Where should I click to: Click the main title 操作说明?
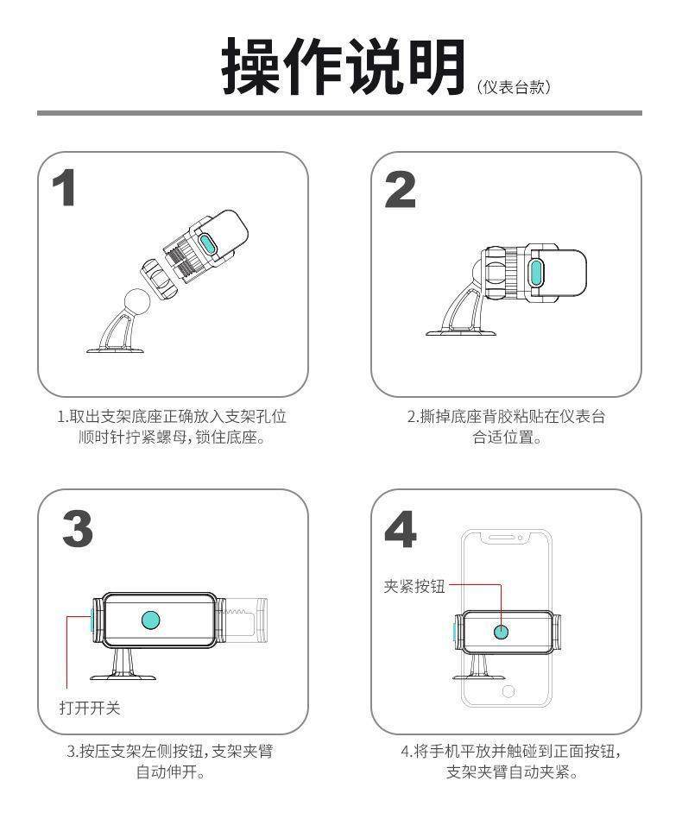pos(344,66)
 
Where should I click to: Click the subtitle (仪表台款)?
pos(514,87)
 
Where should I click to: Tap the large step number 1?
pos(64,188)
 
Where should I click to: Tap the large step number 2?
pos(400,189)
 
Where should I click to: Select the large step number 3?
pos(78,529)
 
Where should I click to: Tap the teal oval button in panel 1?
pos(207,246)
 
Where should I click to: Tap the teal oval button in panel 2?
pos(536,272)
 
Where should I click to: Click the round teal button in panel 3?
pos(150,620)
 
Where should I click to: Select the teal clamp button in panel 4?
pos(501,632)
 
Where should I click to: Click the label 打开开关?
pos(90,708)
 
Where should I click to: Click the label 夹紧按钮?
pos(414,586)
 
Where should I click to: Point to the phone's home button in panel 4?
pos(508,691)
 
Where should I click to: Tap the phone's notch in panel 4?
pos(506,538)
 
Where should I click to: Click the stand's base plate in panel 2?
pos(461,332)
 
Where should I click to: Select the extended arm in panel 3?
pos(243,620)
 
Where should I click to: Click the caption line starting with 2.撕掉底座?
pos(506,417)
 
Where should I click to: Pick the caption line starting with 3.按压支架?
pos(170,751)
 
